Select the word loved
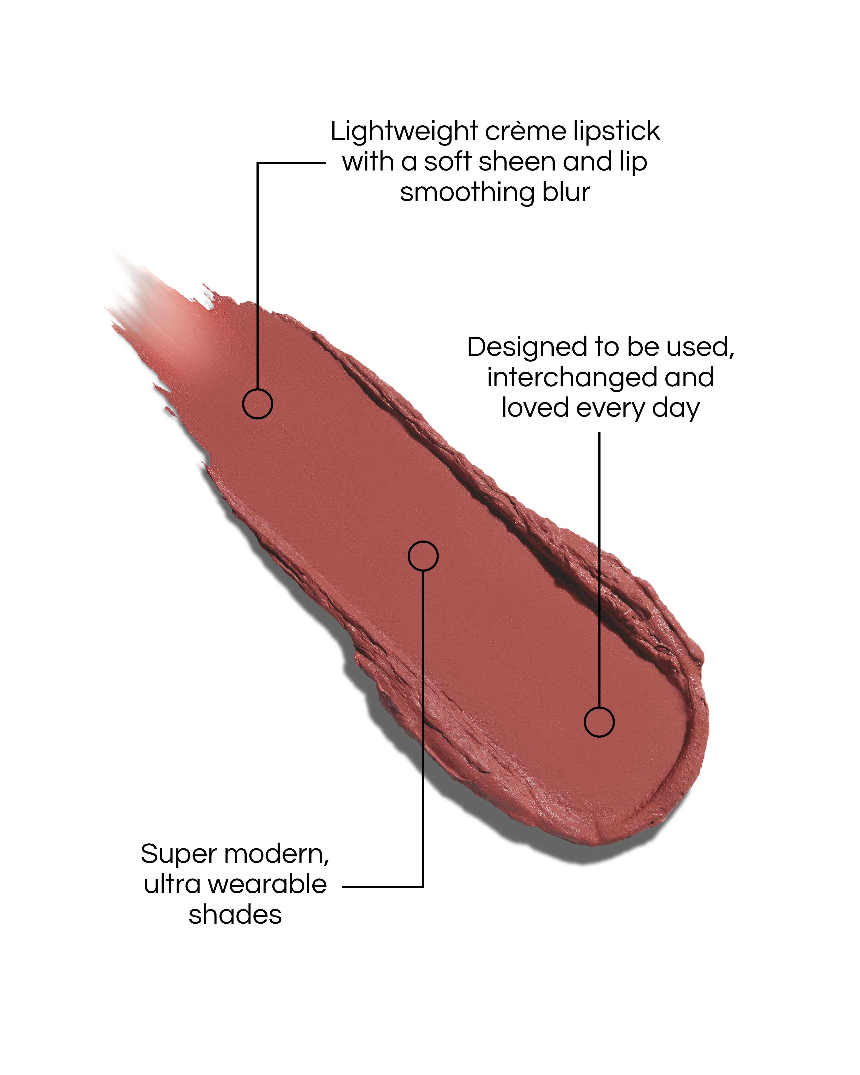(x=535, y=408)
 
